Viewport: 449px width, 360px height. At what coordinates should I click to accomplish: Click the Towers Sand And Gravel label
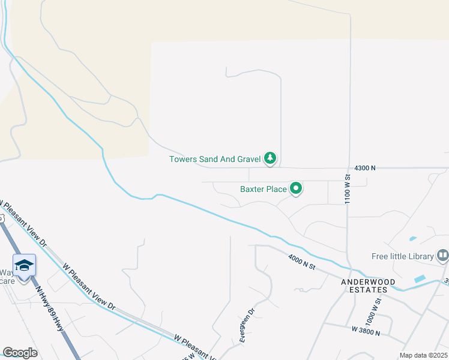[x=215, y=159]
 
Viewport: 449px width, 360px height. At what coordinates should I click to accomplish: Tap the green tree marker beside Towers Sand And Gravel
[x=271, y=158]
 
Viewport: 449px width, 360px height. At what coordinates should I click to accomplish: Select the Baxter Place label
[x=264, y=189]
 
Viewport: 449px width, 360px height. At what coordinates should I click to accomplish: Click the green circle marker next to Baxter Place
[x=296, y=189]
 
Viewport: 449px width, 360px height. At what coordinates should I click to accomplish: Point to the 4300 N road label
[x=365, y=168]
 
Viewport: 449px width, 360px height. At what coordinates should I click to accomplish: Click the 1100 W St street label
[x=348, y=190]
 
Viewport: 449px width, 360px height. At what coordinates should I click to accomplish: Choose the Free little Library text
[x=402, y=256]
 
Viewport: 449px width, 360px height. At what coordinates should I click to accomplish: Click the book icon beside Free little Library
[x=443, y=256]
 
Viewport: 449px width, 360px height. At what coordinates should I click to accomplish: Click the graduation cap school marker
[x=24, y=265]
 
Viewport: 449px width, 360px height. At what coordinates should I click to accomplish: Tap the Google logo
[x=20, y=353]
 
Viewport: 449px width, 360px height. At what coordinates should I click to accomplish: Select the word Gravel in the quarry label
[x=247, y=159]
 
